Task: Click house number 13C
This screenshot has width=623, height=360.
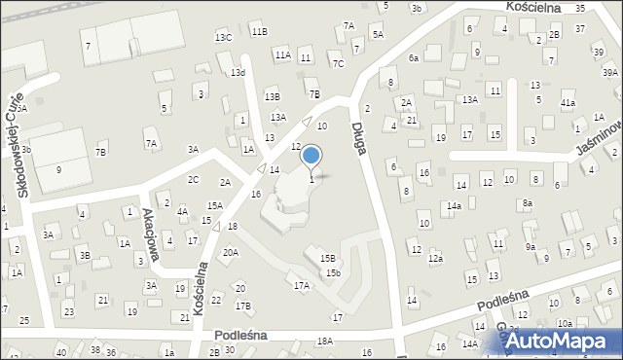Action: [223, 37]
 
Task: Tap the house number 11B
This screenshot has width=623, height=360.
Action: [258, 31]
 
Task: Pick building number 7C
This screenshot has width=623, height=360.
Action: [338, 64]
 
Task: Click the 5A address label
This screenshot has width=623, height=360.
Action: [378, 34]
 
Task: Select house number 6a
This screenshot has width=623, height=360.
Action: [413, 58]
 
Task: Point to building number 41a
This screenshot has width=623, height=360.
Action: [568, 102]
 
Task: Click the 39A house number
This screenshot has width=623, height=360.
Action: [609, 73]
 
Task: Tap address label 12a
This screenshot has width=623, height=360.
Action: [435, 259]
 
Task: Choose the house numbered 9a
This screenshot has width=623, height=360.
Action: [531, 247]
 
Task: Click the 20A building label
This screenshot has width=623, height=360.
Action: [230, 252]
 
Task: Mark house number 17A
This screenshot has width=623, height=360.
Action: [302, 285]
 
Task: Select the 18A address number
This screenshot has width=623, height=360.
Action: [324, 341]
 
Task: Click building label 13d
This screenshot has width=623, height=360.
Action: [238, 73]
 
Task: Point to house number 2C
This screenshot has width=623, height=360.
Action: [193, 179]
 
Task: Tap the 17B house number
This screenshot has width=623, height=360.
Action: [243, 306]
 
